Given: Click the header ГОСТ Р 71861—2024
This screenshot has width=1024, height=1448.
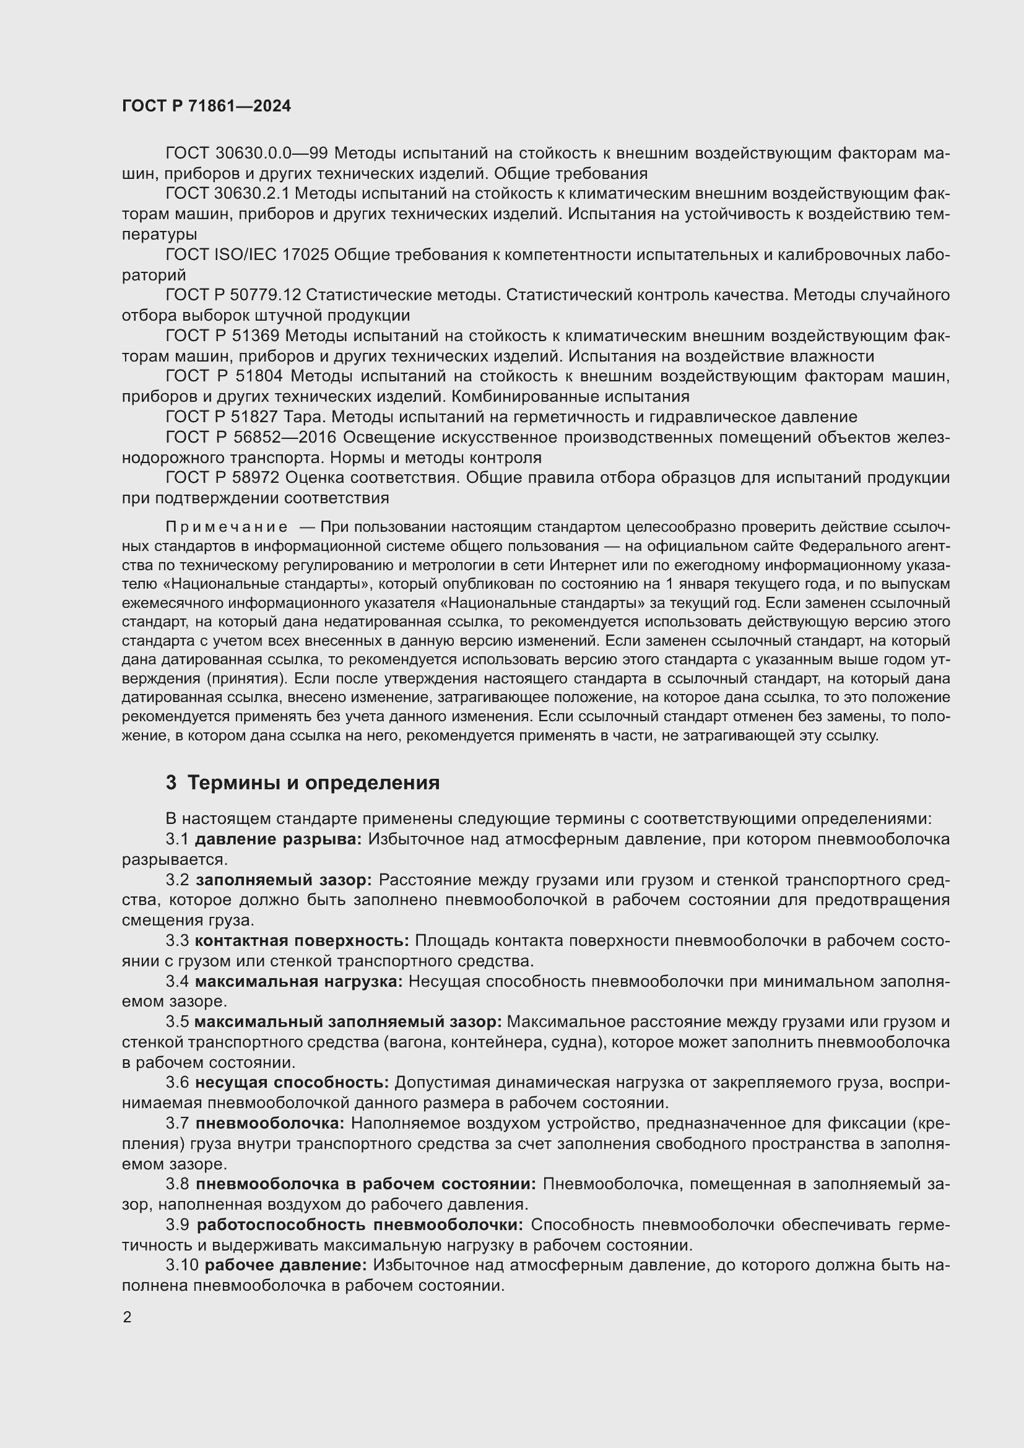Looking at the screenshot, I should [206, 106].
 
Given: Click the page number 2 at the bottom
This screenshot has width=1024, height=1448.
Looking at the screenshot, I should [128, 1317].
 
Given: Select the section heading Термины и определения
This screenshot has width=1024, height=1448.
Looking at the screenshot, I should [313, 783].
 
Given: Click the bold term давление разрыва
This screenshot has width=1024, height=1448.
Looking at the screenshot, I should [277, 839].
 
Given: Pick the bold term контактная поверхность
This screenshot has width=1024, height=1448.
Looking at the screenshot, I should [302, 941].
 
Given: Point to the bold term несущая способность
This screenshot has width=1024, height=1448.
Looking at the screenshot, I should [292, 1083].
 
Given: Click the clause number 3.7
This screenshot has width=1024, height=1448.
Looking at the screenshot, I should [177, 1123].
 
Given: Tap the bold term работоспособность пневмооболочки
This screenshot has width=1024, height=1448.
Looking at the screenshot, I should [360, 1225].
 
